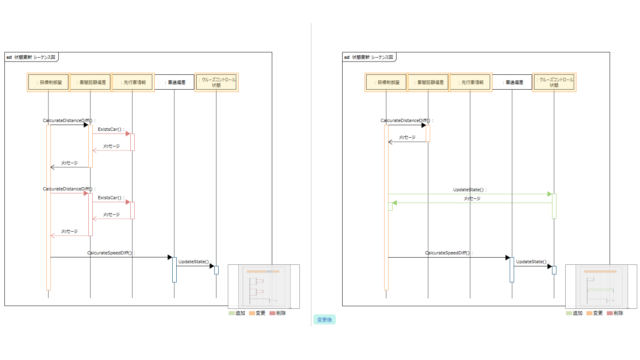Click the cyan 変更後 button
tap(324, 320)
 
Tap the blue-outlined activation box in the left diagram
tap(216, 270)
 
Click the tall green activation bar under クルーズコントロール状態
tap(554, 206)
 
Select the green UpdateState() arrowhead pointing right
tap(550, 194)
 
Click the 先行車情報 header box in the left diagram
tap(132, 82)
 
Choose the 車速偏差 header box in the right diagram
tap(512, 82)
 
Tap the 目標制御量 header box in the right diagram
tap(386, 82)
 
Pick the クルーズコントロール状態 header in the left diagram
tap(216, 82)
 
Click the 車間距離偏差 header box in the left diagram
tap(90, 82)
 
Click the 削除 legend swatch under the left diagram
tap(272, 313)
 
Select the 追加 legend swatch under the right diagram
tap(569, 313)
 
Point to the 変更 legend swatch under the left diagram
tap(252, 313)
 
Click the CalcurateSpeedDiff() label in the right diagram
tap(448, 253)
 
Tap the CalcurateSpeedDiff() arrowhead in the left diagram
tap(170, 257)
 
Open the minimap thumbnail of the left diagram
tap(264, 286)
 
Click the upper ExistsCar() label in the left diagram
tap(110, 129)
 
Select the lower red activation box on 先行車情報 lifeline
tap(132, 210)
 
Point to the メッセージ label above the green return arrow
tap(472, 198)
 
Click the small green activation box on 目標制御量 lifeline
tap(391, 206)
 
